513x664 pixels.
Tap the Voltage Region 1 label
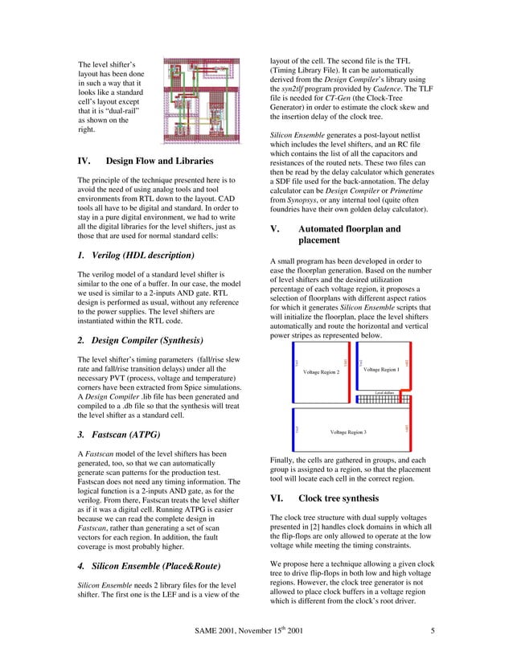[x=381, y=369]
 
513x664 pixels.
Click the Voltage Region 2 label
[x=321, y=372]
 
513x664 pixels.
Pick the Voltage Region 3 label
[x=348, y=432]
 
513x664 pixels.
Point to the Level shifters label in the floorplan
[x=384, y=393]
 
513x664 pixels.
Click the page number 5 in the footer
[x=433, y=630]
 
